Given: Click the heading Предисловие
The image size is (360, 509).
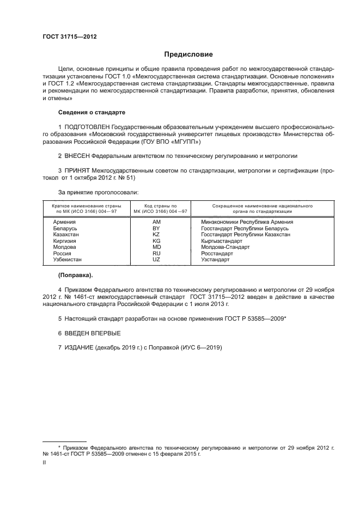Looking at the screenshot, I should pyautogui.click(x=188, y=54).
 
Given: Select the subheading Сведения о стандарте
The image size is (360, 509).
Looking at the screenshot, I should pyautogui.click(x=91, y=112).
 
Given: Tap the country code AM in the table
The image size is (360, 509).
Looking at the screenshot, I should pyautogui.click(x=157, y=222).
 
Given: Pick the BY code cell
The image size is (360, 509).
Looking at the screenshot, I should pyautogui.click(x=157, y=228).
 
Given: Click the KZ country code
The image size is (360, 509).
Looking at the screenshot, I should pyautogui.click(x=157, y=235).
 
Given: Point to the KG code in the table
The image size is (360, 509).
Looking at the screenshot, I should pyautogui.click(x=157, y=241).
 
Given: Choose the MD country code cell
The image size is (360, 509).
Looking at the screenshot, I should pyautogui.click(x=157, y=247).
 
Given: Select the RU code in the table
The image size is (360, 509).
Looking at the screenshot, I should pyautogui.click(x=157, y=254).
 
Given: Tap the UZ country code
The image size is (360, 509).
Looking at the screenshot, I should pyautogui.click(x=157, y=260).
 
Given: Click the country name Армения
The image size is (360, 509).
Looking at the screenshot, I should pyautogui.click(x=64, y=222).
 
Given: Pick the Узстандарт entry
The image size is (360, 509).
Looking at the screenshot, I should pyautogui.click(x=216, y=260).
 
